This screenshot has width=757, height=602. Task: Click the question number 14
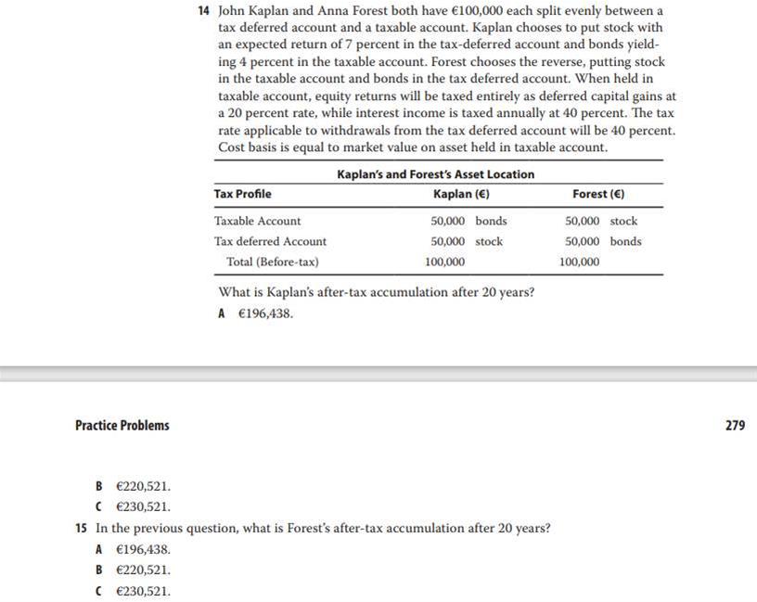coord(205,11)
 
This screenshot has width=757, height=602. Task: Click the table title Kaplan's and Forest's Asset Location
coord(435,173)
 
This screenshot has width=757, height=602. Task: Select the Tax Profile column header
coord(242,194)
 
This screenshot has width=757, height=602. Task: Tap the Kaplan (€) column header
coord(461,194)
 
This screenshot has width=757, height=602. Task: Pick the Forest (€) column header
coord(598,194)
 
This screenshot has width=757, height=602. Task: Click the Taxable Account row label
coord(257,221)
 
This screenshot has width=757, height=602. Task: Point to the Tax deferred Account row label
coord(270,241)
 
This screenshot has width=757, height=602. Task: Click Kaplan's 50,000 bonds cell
coord(468,221)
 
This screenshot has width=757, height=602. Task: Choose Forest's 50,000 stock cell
coord(601,221)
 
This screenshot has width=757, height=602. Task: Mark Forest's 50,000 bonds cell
coord(603,241)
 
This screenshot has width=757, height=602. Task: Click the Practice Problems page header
coord(122,426)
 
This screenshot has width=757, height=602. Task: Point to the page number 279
coord(735,426)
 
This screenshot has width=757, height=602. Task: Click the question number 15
coord(81,528)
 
